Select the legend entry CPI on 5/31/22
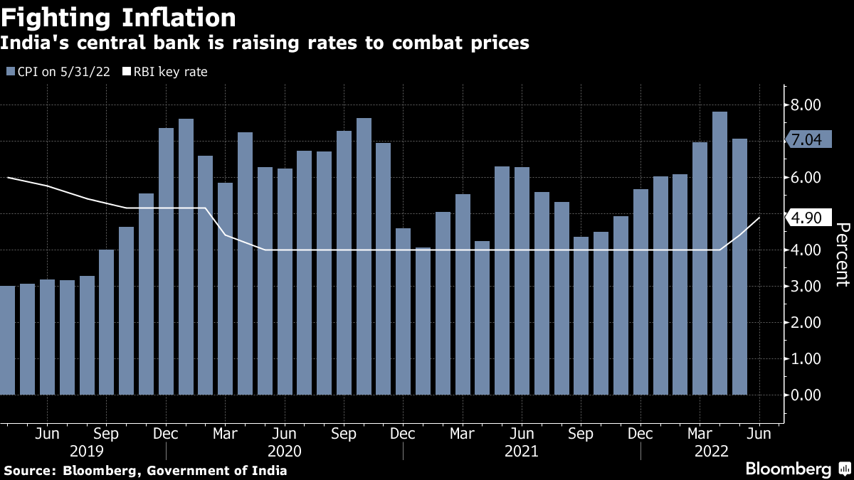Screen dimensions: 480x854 click(58, 72)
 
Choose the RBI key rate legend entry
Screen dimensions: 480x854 click(165, 72)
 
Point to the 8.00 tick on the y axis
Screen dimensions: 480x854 click(807, 105)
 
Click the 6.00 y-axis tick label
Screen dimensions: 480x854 click(807, 178)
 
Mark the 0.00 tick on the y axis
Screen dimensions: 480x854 click(807, 395)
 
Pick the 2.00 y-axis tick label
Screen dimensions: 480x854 click(807, 322)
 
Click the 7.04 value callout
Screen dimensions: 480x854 click(807, 140)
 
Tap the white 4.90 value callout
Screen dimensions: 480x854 click(807, 218)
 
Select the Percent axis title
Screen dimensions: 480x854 click(842, 254)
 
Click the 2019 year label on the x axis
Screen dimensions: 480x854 click(87, 452)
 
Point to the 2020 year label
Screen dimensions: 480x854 click(285, 452)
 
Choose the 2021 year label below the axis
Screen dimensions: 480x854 click(522, 452)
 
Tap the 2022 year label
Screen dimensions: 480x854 click(710, 452)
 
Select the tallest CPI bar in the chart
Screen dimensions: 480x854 click(719, 252)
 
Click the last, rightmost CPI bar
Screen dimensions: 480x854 click(739, 267)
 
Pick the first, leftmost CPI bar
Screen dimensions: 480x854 click(7, 340)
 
